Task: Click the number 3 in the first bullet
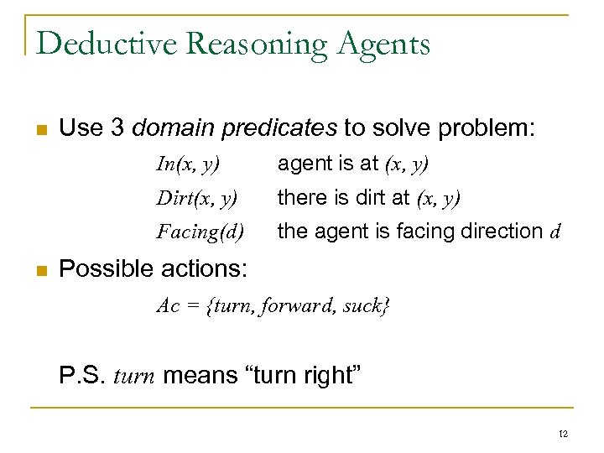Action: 117,128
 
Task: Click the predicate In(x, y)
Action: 187,164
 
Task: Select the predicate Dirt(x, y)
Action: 196,198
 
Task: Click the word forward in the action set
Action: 295,305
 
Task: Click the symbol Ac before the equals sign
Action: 168,305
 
